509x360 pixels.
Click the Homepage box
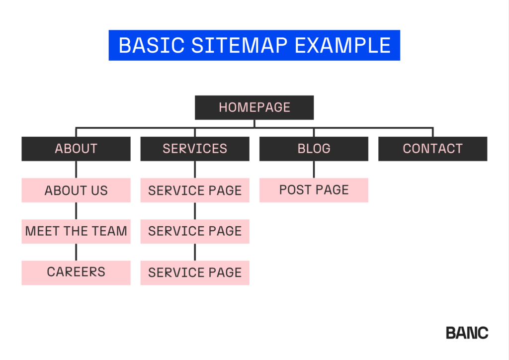pos(254,107)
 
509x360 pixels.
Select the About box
pos(76,149)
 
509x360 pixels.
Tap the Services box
pos(195,149)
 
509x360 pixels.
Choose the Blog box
pos(314,149)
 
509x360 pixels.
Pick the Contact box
pos(433,149)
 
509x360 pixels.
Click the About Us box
pos(76,190)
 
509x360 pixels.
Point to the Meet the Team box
pos(76,231)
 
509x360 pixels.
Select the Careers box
pos(76,272)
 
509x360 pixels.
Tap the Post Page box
pos(314,190)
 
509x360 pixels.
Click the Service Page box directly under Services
pos(195,190)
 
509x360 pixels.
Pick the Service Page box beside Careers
pos(195,272)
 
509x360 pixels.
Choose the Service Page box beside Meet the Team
pos(195,231)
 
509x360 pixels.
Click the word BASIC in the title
pos(152,45)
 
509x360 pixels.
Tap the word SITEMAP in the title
pos(239,45)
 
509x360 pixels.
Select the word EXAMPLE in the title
pos(342,45)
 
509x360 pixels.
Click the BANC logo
pos(467,333)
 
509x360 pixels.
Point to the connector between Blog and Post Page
pos(314,170)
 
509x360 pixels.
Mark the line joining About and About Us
pos(76,170)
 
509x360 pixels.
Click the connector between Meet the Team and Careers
pos(76,252)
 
